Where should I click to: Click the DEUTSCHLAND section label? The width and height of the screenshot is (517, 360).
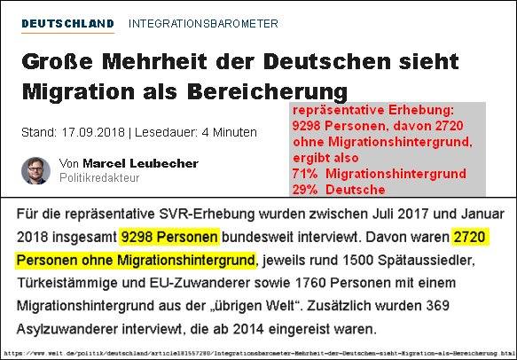(x=67, y=24)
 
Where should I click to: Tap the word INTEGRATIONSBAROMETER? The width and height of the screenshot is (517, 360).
(x=203, y=24)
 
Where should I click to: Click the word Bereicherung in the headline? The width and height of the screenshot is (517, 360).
(x=268, y=91)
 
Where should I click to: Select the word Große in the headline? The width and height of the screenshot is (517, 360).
(x=58, y=61)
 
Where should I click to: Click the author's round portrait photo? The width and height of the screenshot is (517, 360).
(x=36, y=170)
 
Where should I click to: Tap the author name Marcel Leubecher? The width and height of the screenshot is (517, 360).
(x=140, y=163)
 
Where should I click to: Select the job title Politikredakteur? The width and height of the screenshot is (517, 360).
(x=99, y=177)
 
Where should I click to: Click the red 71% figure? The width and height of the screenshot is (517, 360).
(x=305, y=174)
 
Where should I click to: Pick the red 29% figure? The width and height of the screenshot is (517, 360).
(x=305, y=190)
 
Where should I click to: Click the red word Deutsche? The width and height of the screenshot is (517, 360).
(x=356, y=190)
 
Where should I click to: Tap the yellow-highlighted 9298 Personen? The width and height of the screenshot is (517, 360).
(x=169, y=237)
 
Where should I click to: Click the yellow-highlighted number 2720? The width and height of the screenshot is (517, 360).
(x=469, y=237)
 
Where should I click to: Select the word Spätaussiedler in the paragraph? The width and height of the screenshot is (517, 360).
(x=426, y=260)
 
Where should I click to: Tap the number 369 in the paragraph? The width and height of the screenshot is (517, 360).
(x=438, y=306)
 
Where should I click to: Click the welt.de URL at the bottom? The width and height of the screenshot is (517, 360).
(x=257, y=354)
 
